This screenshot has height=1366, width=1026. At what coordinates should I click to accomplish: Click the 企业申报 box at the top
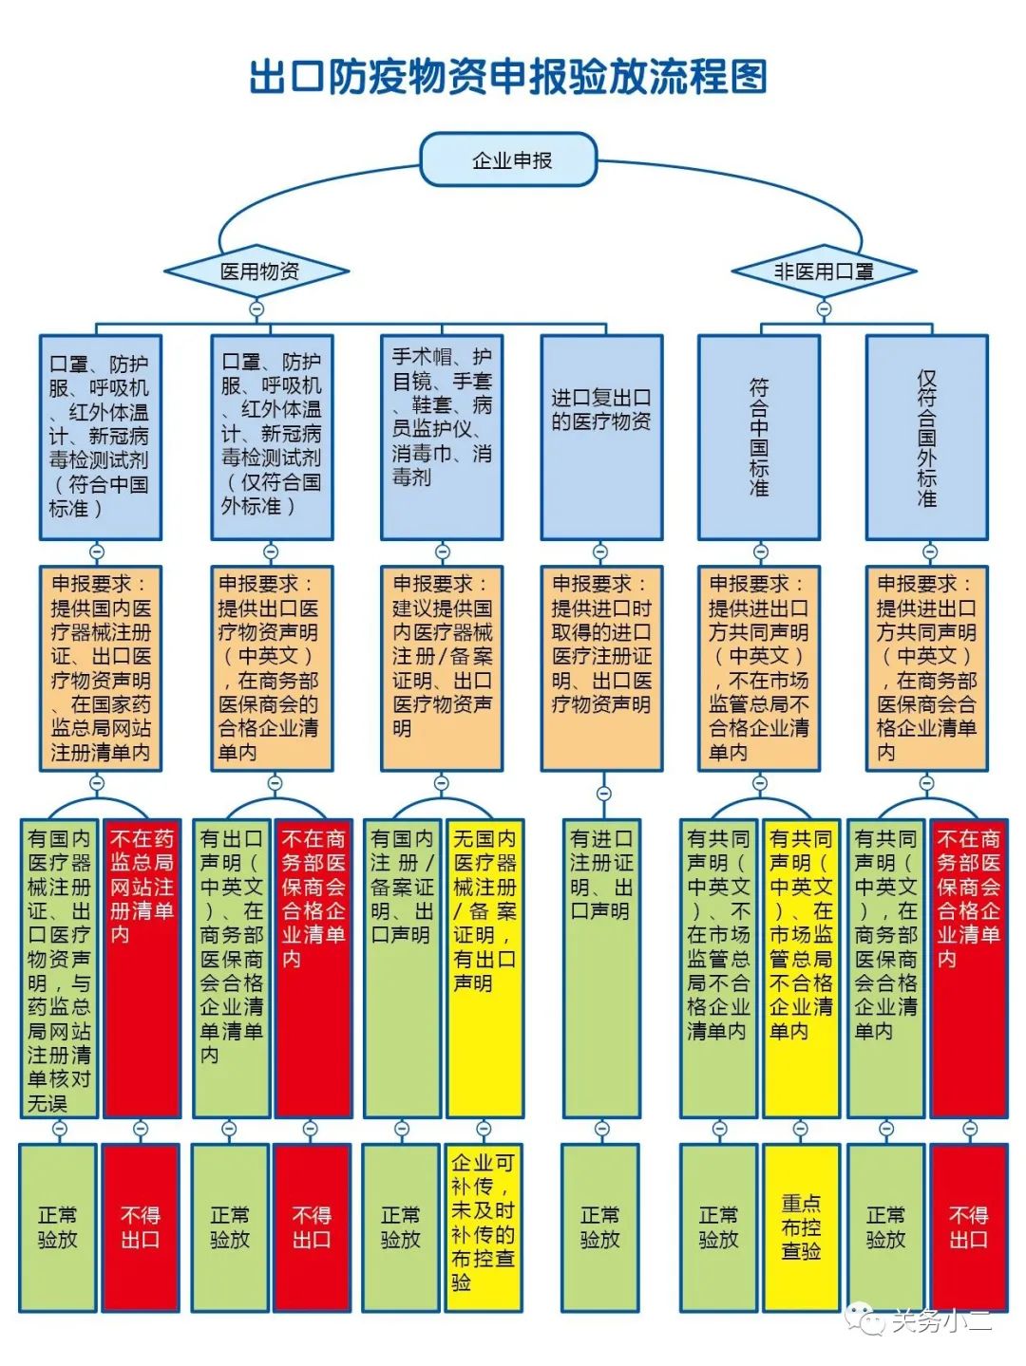(x=509, y=159)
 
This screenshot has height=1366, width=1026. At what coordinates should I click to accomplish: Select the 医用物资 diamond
(x=257, y=271)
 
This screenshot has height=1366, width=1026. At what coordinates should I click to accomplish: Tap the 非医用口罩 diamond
(x=823, y=271)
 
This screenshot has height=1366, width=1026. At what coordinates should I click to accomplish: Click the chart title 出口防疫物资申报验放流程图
(x=508, y=77)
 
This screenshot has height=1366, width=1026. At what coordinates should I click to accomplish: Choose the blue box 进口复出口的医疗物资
(x=600, y=437)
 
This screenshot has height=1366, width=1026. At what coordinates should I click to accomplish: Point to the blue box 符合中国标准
(x=758, y=437)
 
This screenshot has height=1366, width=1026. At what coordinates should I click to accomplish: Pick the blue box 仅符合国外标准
(x=926, y=437)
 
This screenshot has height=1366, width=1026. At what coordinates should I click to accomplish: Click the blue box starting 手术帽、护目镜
(x=442, y=437)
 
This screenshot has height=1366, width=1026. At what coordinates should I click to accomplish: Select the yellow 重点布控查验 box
(x=801, y=1226)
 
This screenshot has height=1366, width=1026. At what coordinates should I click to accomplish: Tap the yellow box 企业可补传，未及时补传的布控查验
(x=484, y=1226)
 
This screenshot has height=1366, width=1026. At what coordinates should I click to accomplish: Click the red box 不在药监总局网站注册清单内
(x=142, y=968)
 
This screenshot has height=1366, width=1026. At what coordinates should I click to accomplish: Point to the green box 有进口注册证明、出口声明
(x=600, y=968)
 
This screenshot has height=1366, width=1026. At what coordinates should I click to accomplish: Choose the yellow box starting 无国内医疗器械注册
(x=484, y=968)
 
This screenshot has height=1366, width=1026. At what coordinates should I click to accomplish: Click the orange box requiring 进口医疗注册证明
(x=600, y=668)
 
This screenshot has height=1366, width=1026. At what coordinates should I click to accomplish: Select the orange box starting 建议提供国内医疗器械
(x=442, y=668)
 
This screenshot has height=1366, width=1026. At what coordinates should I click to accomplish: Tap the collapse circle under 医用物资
(x=256, y=309)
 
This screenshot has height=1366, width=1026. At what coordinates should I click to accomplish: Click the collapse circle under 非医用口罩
(x=824, y=309)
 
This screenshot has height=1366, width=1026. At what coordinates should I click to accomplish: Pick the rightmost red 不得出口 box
(x=968, y=1226)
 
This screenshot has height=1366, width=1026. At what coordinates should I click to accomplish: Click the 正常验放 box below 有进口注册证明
(x=600, y=1226)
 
